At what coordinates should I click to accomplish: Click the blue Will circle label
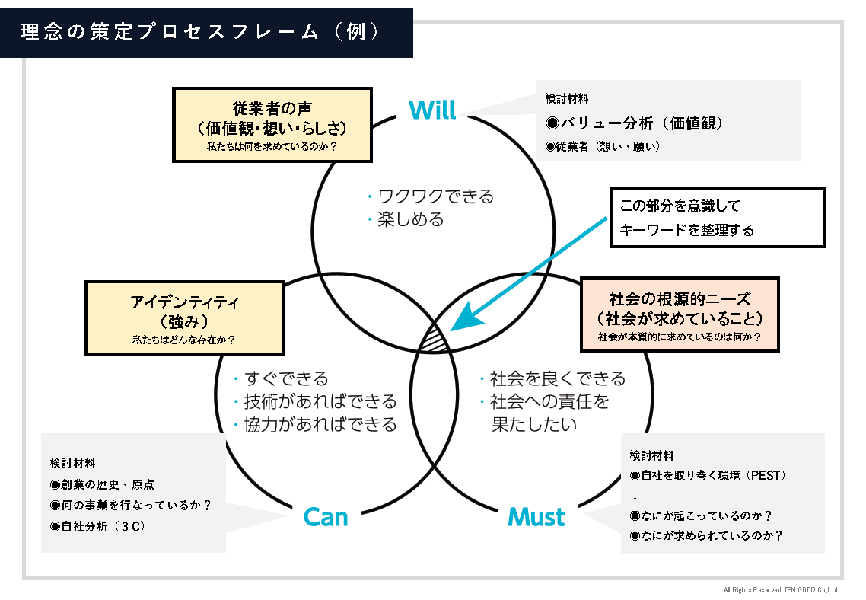click(432, 110)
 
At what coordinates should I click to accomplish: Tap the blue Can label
click(325, 517)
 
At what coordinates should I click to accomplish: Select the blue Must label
click(536, 517)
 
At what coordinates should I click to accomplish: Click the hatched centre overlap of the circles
click(436, 337)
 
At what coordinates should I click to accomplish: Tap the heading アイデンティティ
click(185, 302)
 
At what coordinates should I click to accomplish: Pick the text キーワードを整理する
click(686, 229)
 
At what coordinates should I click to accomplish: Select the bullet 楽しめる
click(410, 220)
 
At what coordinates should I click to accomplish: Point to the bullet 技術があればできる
click(320, 401)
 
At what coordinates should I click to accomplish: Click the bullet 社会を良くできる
click(557, 378)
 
